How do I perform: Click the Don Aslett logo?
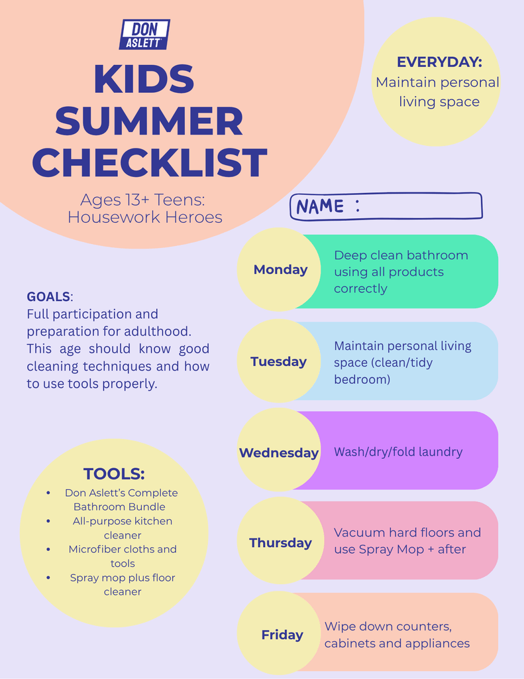[144, 34]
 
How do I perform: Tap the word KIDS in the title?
[144, 80]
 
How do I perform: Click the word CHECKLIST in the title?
[149, 162]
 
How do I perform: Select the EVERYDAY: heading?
[439, 62]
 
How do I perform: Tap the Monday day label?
[280, 269]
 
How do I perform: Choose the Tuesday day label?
[279, 361]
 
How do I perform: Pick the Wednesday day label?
[279, 452]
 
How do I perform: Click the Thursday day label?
[280, 542]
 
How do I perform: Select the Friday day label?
[282, 635]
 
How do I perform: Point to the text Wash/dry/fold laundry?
[398, 452]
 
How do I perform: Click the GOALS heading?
[48, 296]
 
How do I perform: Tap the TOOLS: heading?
[114, 473]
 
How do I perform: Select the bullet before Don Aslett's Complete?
[48, 493]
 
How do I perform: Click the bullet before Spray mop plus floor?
[48, 578]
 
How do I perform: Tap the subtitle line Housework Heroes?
[145, 217]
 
